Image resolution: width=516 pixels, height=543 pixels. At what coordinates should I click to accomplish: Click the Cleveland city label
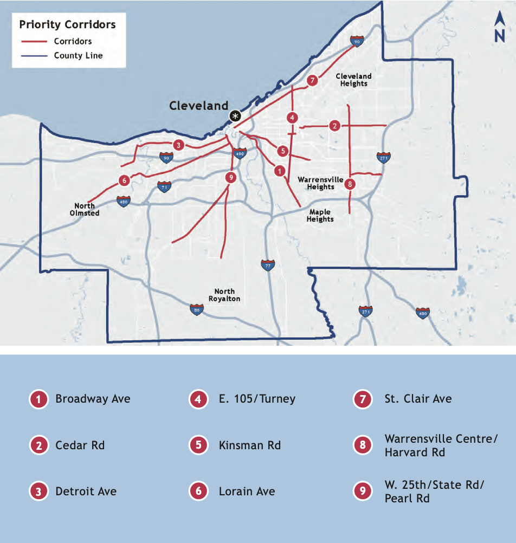click(198, 106)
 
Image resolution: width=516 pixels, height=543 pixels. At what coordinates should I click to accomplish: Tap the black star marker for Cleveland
click(235, 115)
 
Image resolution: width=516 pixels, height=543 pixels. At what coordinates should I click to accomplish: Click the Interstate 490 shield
click(240, 153)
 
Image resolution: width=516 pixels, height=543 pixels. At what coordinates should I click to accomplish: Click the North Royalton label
click(224, 295)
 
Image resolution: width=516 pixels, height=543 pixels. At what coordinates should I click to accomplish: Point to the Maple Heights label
click(320, 216)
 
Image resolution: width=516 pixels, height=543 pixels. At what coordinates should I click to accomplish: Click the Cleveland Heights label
click(353, 80)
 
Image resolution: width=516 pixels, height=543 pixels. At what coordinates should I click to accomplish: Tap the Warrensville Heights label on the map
click(320, 183)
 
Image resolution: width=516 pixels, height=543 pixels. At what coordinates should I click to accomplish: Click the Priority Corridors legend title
click(67, 25)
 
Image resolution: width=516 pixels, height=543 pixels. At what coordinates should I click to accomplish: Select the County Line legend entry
click(78, 55)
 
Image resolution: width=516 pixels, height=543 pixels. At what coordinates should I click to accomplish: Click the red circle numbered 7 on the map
click(312, 81)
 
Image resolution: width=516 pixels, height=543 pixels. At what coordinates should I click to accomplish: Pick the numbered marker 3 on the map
click(178, 145)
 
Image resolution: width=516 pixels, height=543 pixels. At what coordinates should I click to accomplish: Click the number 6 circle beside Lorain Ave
click(199, 492)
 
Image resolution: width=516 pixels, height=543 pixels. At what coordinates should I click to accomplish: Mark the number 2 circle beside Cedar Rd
click(38, 445)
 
